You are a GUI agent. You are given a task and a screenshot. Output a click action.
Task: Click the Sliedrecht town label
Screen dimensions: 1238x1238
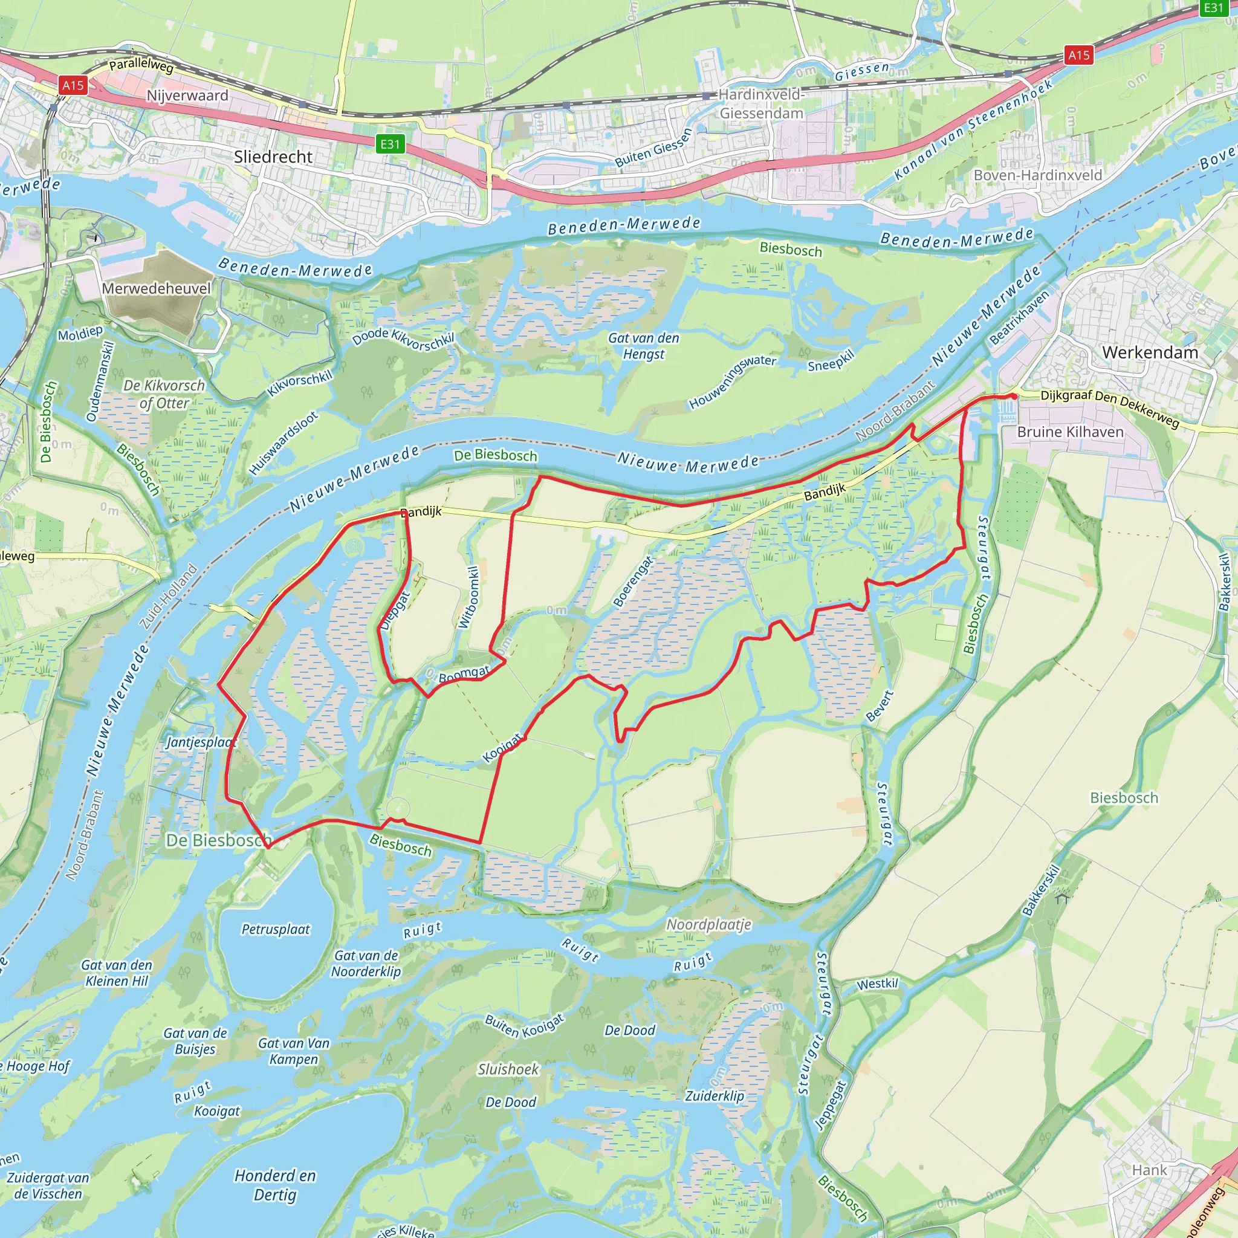pos(273,157)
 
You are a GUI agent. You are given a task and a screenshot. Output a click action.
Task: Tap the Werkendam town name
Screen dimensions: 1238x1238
pos(1150,352)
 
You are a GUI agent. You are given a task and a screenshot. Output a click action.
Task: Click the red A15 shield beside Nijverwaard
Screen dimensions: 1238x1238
pos(73,85)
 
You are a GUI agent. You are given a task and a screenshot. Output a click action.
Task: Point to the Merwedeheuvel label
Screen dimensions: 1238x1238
pos(156,288)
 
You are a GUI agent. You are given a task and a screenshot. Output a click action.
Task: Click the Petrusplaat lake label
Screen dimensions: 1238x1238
pos(276,929)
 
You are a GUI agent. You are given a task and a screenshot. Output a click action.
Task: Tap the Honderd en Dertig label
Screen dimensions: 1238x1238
pos(275,1185)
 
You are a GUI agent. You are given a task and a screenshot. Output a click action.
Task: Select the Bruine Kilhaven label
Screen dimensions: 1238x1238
pos(1070,432)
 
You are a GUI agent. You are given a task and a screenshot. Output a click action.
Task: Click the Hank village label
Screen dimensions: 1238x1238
pos(1149,1170)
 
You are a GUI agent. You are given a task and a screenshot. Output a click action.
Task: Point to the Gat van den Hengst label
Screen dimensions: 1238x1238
pos(643,346)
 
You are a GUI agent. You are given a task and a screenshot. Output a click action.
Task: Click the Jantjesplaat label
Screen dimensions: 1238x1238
pos(201,742)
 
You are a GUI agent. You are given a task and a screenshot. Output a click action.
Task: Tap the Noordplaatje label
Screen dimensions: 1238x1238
pos(708,924)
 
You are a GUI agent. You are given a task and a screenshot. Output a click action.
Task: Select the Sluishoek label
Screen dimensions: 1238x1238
pos(508,1069)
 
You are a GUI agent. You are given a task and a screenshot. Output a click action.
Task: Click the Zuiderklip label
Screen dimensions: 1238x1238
pos(715,1096)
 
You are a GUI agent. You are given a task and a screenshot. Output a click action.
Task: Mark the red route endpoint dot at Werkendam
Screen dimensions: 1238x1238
pos(1013,397)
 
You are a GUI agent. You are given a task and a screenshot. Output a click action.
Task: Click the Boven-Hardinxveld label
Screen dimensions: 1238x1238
pos(1037,175)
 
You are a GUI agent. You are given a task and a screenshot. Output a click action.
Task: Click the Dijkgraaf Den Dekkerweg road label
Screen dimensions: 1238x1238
pos(1109,407)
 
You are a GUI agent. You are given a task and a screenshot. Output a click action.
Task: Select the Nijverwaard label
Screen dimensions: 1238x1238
pos(187,96)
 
